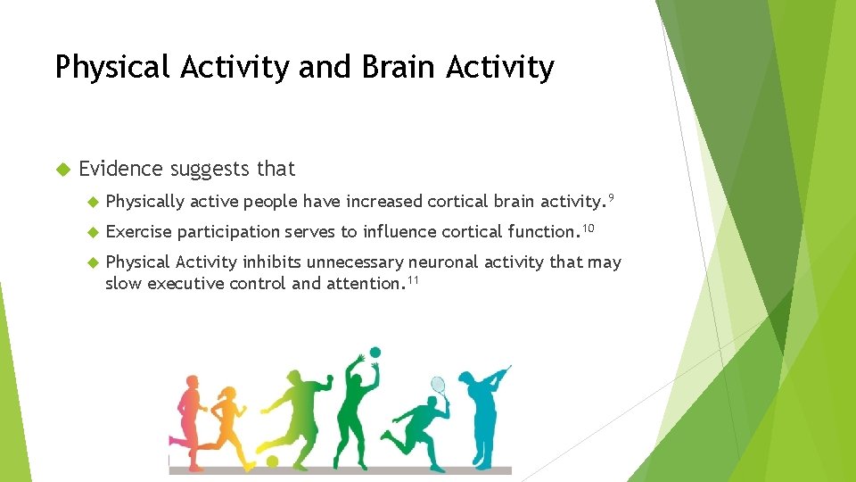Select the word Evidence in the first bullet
(120, 169)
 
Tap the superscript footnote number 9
(611, 195)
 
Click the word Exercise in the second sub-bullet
(138, 232)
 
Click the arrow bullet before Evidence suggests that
(62, 169)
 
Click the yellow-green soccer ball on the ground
(273, 461)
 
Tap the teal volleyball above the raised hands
(374, 353)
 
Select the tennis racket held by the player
(438, 386)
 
